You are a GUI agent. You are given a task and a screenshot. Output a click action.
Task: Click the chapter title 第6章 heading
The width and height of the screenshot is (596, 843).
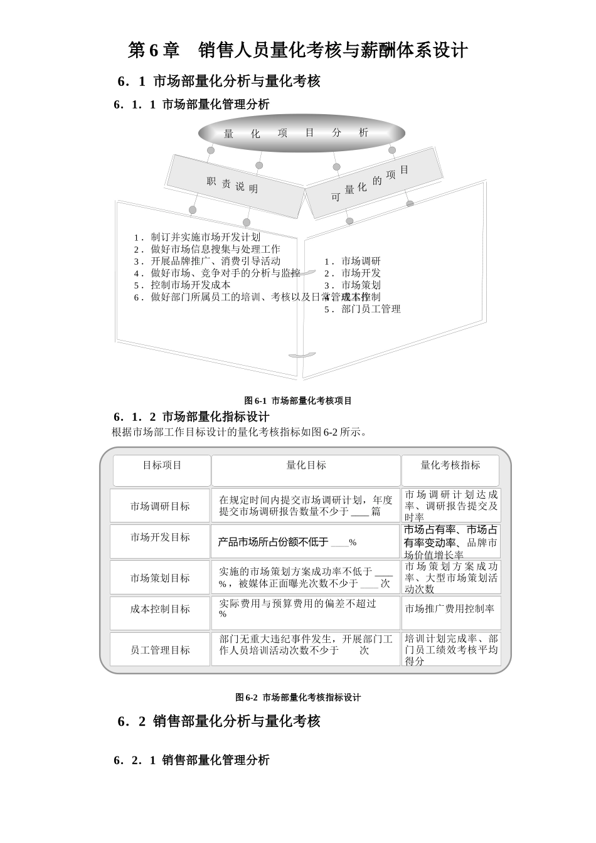click(x=297, y=50)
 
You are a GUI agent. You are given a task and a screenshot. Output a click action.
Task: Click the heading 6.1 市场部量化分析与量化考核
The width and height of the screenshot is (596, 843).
click(x=219, y=82)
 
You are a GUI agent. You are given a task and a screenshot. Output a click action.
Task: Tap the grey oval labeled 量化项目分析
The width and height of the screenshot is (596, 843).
click(x=301, y=133)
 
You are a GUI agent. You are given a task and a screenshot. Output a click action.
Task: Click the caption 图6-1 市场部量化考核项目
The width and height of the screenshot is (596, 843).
click(x=298, y=401)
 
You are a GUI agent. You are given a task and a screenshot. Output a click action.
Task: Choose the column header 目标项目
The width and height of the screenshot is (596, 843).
click(x=162, y=465)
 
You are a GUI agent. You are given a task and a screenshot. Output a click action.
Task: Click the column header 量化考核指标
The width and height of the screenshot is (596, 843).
click(x=450, y=465)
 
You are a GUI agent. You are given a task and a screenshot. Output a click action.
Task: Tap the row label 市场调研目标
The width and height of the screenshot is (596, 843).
click(x=160, y=506)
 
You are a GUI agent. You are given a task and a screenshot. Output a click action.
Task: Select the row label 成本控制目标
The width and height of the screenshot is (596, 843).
click(x=160, y=609)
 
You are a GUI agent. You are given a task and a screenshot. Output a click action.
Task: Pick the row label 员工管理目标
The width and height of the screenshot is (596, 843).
click(x=160, y=650)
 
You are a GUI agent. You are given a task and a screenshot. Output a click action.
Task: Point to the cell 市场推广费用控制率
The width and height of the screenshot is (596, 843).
click(x=449, y=608)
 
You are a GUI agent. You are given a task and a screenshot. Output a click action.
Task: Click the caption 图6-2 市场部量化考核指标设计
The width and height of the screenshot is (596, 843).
click(x=298, y=697)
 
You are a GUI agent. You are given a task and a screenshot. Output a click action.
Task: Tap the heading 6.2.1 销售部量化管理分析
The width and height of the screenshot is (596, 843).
click(x=192, y=760)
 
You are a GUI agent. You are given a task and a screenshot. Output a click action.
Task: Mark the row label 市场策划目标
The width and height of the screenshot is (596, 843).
click(x=160, y=578)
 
